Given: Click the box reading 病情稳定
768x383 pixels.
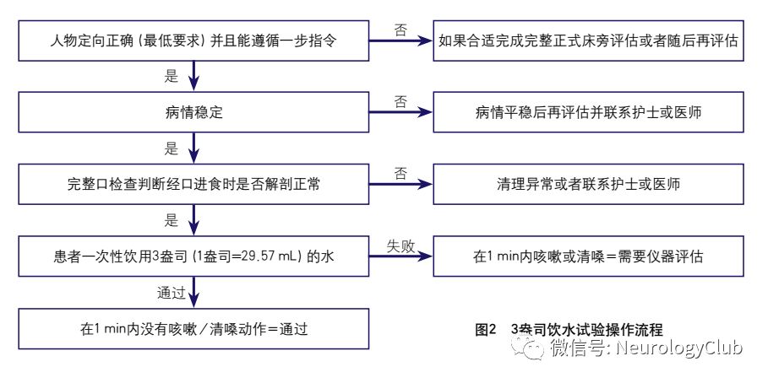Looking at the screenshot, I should tap(195, 112).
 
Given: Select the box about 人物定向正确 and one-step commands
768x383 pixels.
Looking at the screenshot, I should tap(195, 40).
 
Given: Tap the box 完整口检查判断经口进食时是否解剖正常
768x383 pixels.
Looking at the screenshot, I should tap(195, 184).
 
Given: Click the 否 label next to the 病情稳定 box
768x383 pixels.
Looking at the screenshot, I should tap(400, 100).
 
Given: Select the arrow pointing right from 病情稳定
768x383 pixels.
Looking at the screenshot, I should tap(401, 112).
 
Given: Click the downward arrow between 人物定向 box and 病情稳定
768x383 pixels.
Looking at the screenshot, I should tap(194, 77).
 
